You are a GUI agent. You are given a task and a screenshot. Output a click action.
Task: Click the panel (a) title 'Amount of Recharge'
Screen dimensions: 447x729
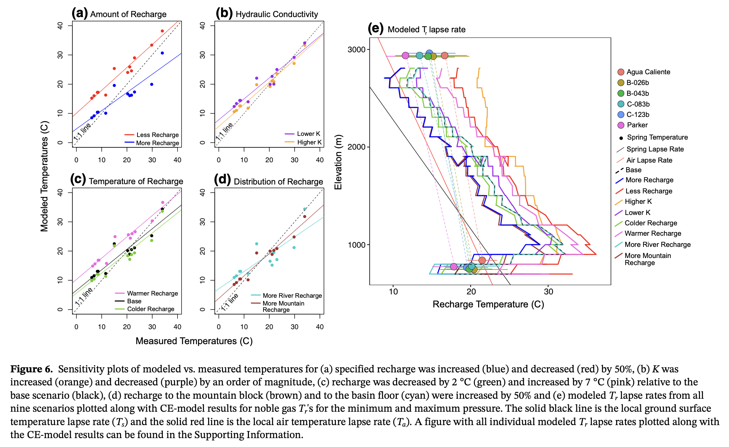128,14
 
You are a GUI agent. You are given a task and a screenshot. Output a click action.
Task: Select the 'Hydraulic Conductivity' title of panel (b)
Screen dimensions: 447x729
277,14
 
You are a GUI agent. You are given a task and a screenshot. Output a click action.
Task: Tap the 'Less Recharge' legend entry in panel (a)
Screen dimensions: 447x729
157,135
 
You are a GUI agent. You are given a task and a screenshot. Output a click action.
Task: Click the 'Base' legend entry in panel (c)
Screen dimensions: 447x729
134,301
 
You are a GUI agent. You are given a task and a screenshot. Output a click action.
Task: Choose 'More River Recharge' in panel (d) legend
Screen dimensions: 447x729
292,296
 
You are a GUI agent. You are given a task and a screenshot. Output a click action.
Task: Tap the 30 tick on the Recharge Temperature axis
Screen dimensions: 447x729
548,292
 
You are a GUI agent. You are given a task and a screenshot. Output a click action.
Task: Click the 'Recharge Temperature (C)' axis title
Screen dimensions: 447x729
488,304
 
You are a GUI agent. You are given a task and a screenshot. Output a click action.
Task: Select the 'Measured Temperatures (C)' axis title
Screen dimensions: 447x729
194,341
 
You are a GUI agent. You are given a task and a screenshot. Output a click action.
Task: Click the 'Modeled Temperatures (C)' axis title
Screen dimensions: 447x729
45,176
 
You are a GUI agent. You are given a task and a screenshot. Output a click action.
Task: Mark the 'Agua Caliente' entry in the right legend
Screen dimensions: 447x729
648,72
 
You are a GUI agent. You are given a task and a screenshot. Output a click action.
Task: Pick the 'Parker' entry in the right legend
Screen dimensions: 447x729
637,125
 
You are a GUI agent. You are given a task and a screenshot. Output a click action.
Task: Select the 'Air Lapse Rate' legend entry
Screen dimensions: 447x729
649,160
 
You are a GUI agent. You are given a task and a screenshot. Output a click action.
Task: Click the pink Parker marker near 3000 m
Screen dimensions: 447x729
405,55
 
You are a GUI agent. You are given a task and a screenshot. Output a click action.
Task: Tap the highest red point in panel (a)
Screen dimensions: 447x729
162,31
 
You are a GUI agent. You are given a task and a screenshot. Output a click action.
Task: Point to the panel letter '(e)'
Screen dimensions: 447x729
375,29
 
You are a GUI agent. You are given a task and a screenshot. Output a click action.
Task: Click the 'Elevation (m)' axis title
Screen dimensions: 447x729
338,162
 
